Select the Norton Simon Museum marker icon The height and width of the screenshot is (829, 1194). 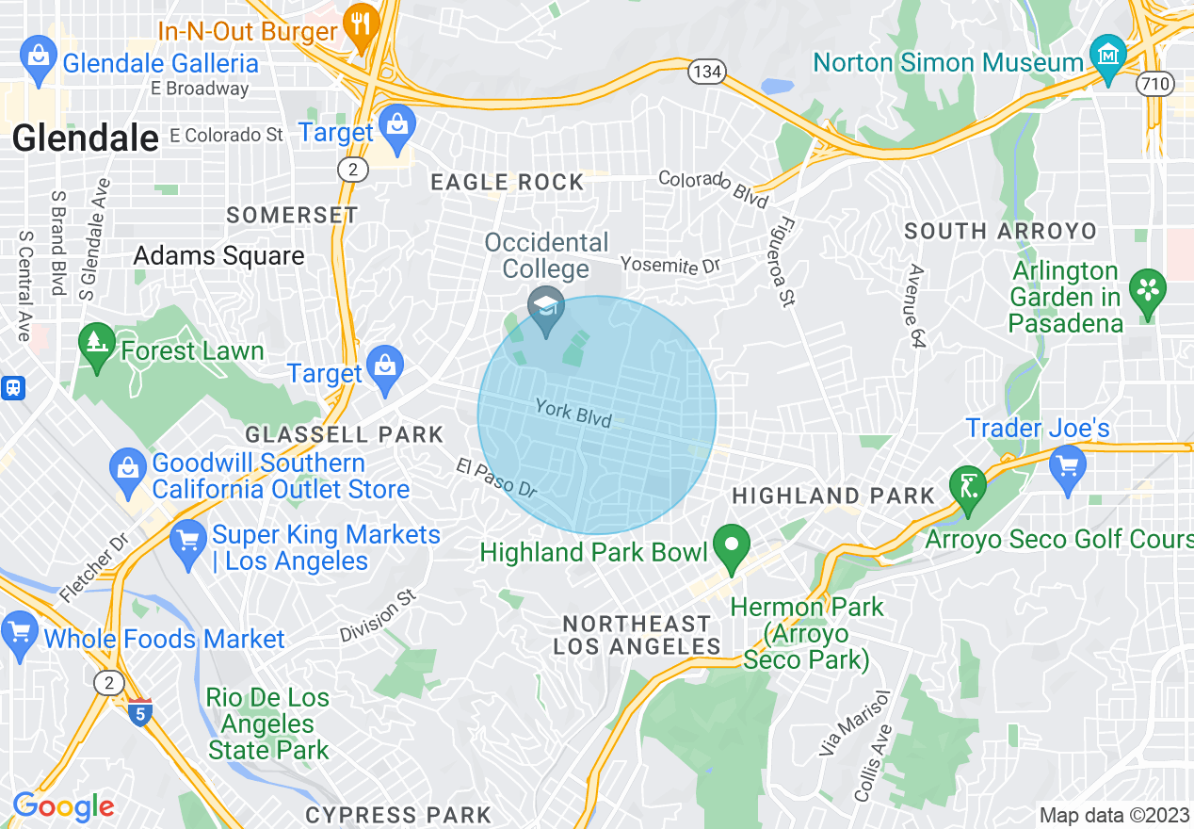(1108, 52)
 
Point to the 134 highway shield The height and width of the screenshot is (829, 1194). (704, 72)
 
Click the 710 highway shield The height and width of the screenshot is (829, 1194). (1154, 84)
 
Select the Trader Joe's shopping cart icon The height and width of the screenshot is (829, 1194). (1067, 466)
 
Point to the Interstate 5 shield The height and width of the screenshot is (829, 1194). (139, 714)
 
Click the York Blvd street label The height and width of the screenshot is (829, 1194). (573, 414)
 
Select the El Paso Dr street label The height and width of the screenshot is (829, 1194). (496, 478)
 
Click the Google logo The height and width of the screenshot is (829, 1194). (63, 806)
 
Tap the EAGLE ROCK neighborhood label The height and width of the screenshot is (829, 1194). (507, 183)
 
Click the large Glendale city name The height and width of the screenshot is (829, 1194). (86, 138)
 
